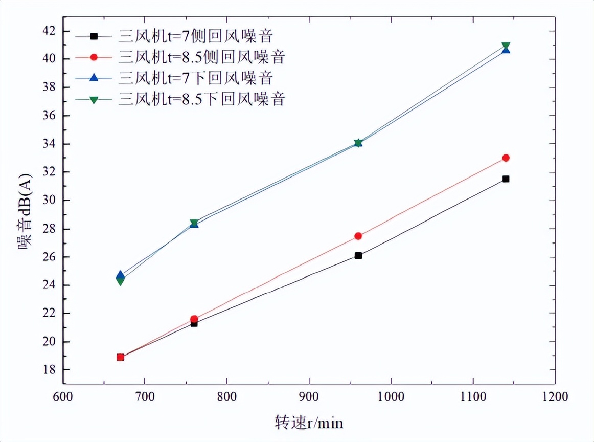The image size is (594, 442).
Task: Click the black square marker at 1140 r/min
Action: [506, 179]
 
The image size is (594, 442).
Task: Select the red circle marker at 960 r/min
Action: [358, 236]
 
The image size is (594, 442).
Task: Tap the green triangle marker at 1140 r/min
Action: [506, 46]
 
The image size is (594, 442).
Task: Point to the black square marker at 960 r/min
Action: [358, 255]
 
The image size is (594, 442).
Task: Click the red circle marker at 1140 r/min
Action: [506, 158]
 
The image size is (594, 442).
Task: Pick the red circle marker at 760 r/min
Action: [194, 319]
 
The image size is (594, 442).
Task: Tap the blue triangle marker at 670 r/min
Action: [120, 275]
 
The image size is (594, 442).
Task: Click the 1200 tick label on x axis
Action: [555, 397]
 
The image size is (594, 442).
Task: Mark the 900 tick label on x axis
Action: [309, 397]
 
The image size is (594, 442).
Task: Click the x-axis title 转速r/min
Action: [309, 423]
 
